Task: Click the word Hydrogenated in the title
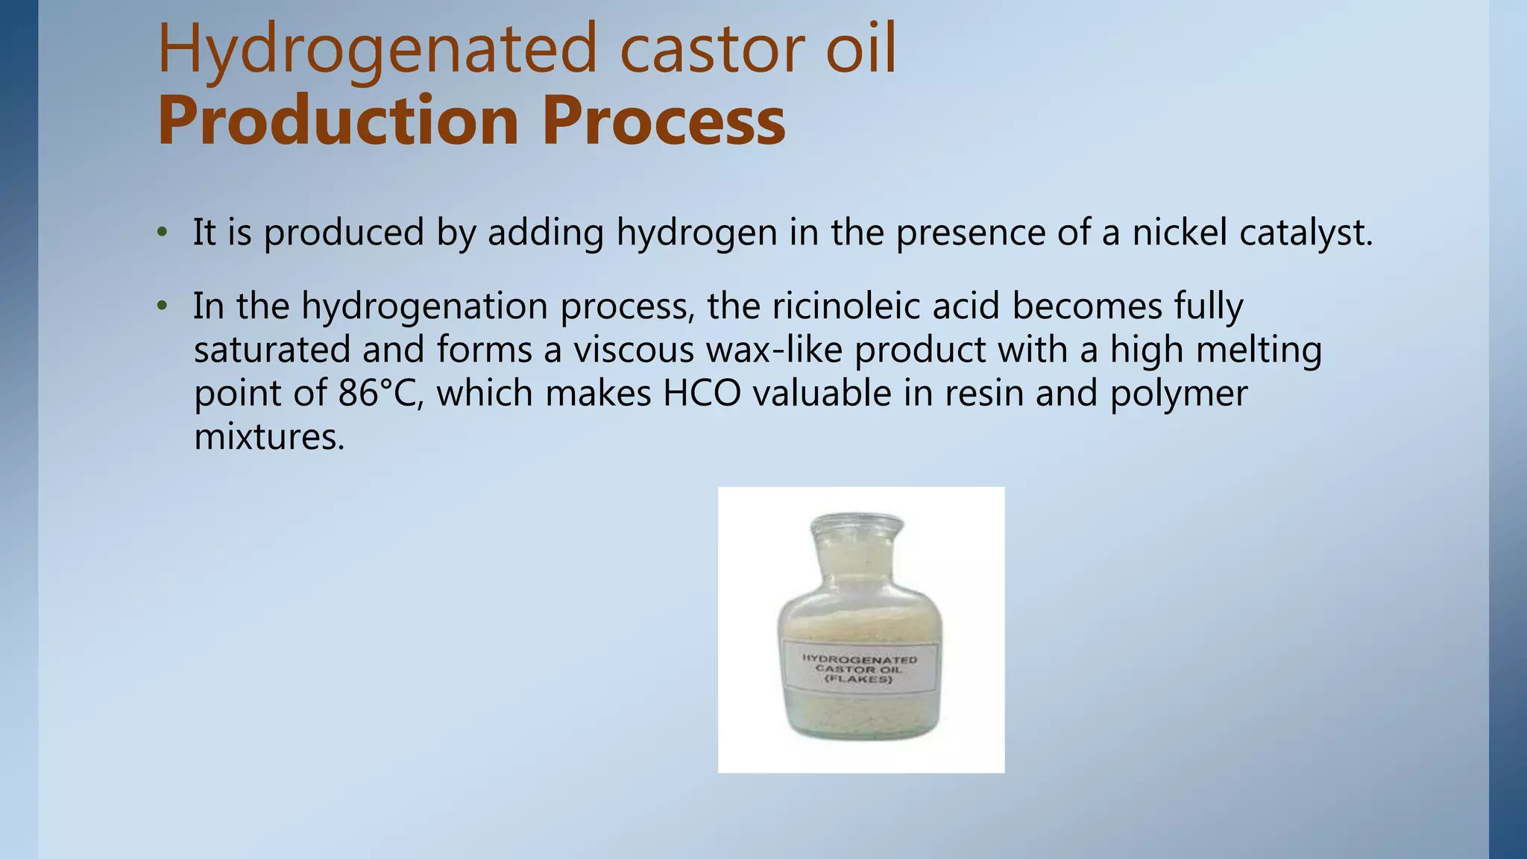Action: tap(377, 51)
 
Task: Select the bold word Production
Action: tap(338, 121)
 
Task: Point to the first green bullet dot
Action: tap(162, 233)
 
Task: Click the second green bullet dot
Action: tap(162, 306)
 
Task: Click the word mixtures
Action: tap(269, 436)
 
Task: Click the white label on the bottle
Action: tap(859, 668)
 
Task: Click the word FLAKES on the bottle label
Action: tap(859, 680)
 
